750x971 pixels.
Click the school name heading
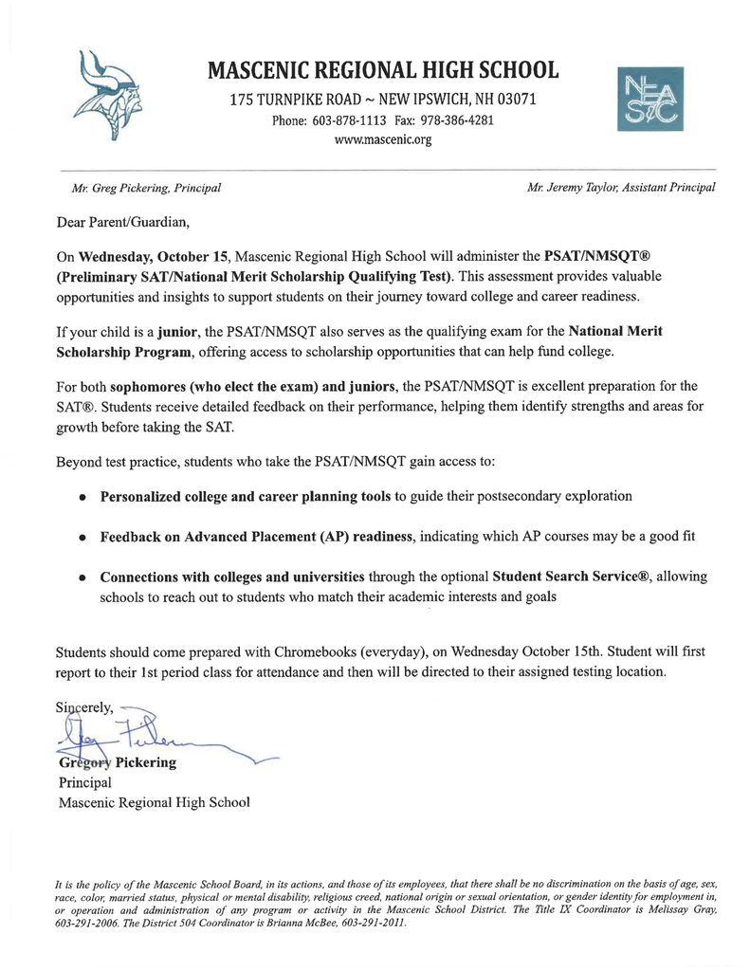coord(382,71)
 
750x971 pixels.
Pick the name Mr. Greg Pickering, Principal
coord(140,187)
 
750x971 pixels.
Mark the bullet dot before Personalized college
coord(84,496)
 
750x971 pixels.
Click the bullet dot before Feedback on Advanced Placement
coord(84,537)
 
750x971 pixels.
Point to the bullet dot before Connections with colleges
coord(84,577)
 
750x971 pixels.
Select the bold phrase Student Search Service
coord(565,577)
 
